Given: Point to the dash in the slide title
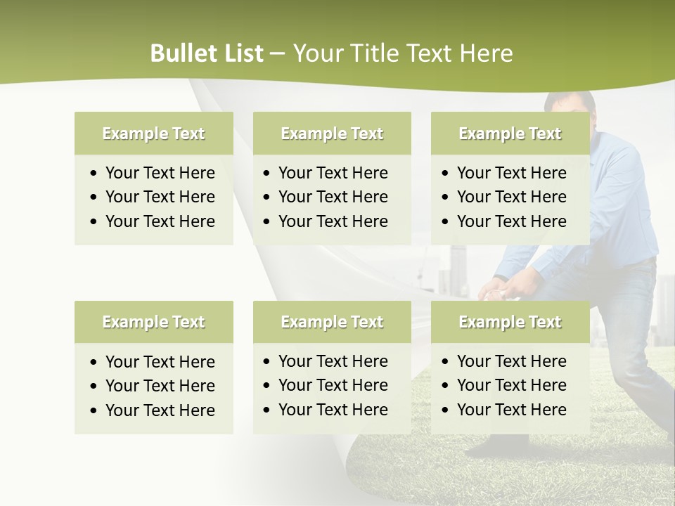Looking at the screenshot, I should coord(278,54).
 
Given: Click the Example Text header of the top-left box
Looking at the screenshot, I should coord(153,134).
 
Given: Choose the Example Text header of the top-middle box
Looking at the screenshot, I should coord(332,134).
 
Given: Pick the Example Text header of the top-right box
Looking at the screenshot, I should coord(510,134).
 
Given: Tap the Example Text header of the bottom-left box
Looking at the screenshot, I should coord(153,322).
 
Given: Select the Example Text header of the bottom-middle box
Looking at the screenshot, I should coord(332,322).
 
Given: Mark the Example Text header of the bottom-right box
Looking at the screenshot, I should coord(510,322).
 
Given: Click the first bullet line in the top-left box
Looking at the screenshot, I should coord(160,173).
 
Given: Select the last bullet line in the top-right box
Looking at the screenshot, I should coord(511,221).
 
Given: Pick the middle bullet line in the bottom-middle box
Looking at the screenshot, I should coord(333,385).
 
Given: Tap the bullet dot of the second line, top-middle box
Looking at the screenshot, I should coord(266,197).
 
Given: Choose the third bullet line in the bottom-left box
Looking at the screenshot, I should coord(160,410).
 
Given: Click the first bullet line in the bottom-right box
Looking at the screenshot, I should coord(511,361).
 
